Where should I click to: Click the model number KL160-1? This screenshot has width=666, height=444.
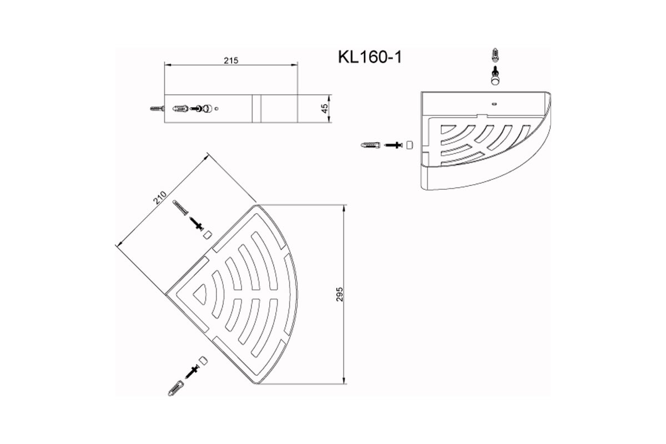(x=370, y=57)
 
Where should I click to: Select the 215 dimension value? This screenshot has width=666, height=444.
(x=231, y=60)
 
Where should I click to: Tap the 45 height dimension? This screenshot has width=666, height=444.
(x=325, y=108)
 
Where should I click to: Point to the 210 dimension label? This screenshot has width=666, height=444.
(x=160, y=198)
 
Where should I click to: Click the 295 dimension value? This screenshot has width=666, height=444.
(x=340, y=294)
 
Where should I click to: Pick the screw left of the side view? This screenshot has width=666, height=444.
(x=157, y=109)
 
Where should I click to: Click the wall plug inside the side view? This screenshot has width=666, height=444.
(x=180, y=109)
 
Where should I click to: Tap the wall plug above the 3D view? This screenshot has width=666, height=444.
(x=495, y=55)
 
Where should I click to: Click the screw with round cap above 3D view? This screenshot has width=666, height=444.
(x=495, y=76)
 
